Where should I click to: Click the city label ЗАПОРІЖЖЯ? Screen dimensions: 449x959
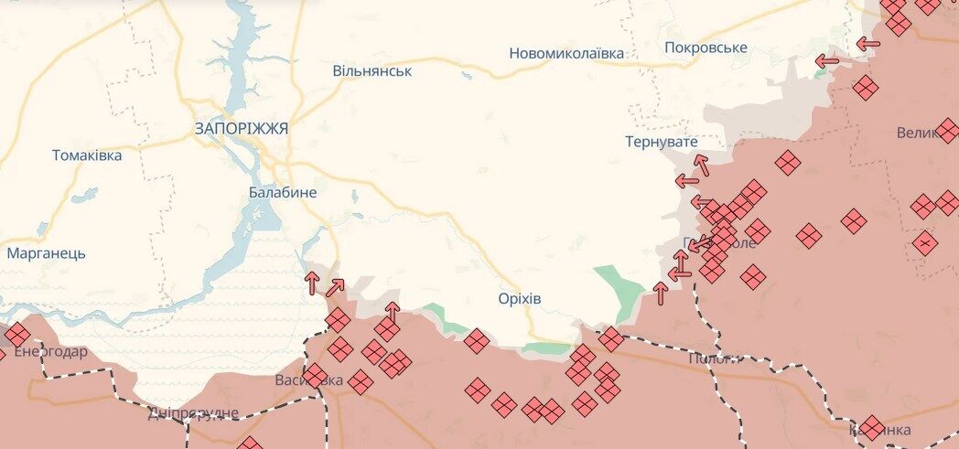click(x=241, y=129)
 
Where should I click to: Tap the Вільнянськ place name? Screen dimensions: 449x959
click(x=372, y=70)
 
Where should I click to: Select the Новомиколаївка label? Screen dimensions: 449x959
click(x=566, y=53)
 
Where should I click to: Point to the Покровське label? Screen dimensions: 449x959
click(x=706, y=48)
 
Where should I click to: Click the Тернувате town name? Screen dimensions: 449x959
click(x=661, y=142)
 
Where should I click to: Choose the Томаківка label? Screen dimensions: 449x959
click(x=87, y=155)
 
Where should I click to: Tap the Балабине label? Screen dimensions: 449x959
click(x=283, y=192)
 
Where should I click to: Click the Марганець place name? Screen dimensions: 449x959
click(x=46, y=253)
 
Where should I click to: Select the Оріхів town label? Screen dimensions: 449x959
click(x=520, y=299)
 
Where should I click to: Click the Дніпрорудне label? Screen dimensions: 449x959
click(x=193, y=413)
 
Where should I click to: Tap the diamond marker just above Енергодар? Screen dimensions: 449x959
click(x=17, y=335)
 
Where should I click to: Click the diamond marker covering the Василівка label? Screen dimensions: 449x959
click(x=315, y=376)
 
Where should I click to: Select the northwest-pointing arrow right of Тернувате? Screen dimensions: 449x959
click(x=702, y=165)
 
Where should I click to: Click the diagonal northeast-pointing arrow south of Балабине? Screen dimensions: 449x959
click(x=335, y=287)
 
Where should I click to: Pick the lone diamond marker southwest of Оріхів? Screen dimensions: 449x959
click(x=476, y=341)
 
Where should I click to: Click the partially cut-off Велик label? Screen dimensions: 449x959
click(x=919, y=134)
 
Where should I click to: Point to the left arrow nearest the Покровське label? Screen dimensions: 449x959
click(x=827, y=62)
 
